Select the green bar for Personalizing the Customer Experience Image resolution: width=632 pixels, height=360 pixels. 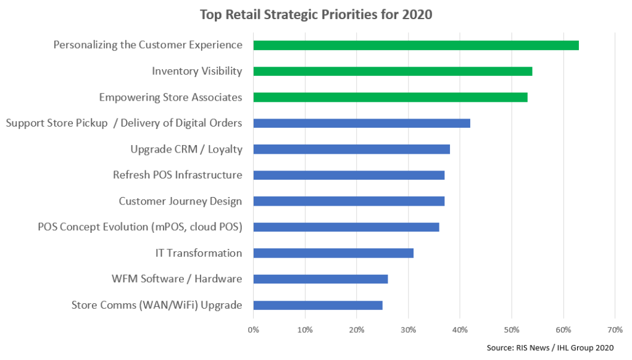coord(415,45)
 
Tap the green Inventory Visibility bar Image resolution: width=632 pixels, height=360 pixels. coord(393,71)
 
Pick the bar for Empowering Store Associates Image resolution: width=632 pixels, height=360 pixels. coord(390,97)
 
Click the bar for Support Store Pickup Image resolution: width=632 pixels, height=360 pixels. coord(362,123)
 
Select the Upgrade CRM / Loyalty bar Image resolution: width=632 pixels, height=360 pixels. coord(351,149)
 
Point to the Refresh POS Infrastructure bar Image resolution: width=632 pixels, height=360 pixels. coord(349,175)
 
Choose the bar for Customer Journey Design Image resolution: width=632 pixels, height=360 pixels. coord(349,201)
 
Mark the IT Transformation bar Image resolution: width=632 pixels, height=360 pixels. coord(333,253)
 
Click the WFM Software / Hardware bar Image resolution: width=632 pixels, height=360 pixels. coord(320,279)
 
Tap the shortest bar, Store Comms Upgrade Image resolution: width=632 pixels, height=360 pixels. coord(318,305)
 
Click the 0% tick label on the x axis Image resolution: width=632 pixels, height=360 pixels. coord(253,330)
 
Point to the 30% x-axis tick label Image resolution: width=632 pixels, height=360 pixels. coord(408,330)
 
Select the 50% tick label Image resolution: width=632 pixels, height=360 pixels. coord(511,330)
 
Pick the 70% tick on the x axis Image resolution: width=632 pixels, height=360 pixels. coord(614,330)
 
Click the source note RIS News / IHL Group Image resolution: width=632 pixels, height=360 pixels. coord(553,348)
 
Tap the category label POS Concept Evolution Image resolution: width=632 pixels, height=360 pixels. coord(139,227)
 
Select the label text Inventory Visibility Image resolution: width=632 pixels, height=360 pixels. coord(197,71)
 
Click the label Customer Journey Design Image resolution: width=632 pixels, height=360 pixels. coord(180,201)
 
